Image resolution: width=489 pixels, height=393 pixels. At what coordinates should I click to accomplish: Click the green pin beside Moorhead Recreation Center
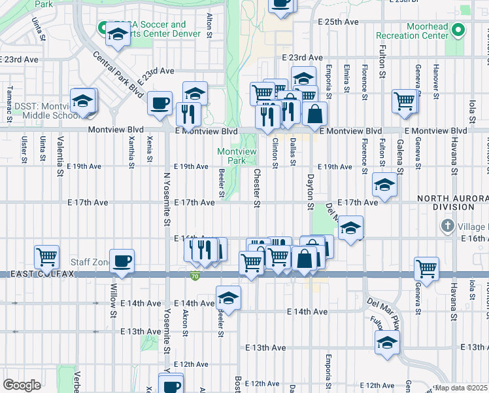click(459, 29)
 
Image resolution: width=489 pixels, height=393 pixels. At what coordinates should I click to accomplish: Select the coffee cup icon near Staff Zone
click(122, 261)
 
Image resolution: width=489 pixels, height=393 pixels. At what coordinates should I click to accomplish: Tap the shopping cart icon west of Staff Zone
click(47, 256)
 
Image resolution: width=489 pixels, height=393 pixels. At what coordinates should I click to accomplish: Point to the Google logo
click(22, 385)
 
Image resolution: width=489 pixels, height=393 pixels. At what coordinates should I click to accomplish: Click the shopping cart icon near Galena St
click(405, 101)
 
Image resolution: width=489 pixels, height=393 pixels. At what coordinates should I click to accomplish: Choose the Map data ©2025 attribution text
click(461, 388)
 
